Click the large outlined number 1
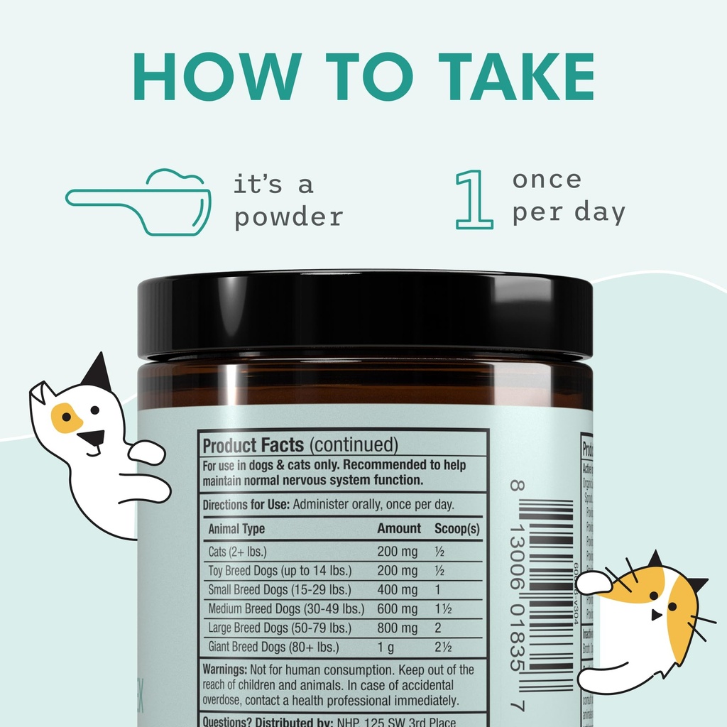pyautogui.click(x=474, y=199)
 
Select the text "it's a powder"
pyautogui.click(x=288, y=200)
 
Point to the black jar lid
pyautogui.click(x=364, y=312)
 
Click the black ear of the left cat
pyautogui.click(x=98, y=372)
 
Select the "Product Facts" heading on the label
pyautogui.click(x=253, y=446)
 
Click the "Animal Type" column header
pyautogui.click(x=236, y=529)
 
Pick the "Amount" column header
pyautogui.click(x=399, y=529)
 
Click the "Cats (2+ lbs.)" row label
pyautogui.click(x=238, y=552)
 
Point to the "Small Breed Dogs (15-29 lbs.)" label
pyautogui.click(x=279, y=590)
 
